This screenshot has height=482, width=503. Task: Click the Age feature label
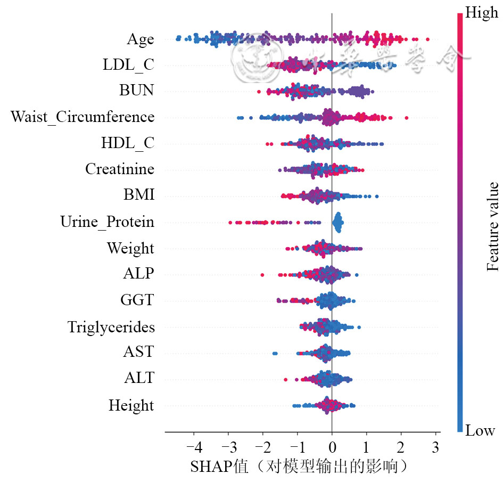[140, 39]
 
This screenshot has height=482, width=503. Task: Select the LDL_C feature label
[128, 66]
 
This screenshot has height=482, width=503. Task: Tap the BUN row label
[136, 91]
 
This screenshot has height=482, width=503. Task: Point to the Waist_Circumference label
[83, 117]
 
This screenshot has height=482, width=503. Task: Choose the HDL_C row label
[127, 143]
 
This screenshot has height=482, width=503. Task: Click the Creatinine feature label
[120, 169]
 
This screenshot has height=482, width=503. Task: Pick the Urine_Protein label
[107, 222]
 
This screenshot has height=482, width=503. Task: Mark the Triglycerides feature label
[111, 326]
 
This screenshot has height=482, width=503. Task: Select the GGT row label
[137, 300]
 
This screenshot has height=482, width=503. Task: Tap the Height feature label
[131, 406]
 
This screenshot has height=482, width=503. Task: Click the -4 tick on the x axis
[193, 445]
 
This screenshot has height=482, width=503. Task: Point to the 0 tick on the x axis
[332, 445]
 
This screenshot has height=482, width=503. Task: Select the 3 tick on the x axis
[435, 445]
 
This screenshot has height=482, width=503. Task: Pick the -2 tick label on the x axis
[262, 445]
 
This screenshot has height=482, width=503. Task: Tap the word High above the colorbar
[482, 13]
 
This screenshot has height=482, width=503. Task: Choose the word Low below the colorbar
[480, 431]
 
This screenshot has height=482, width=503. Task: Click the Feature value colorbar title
[493, 226]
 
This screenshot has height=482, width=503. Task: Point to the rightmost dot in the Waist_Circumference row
[407, 117]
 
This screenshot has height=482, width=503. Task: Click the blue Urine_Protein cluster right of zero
[337, 222]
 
